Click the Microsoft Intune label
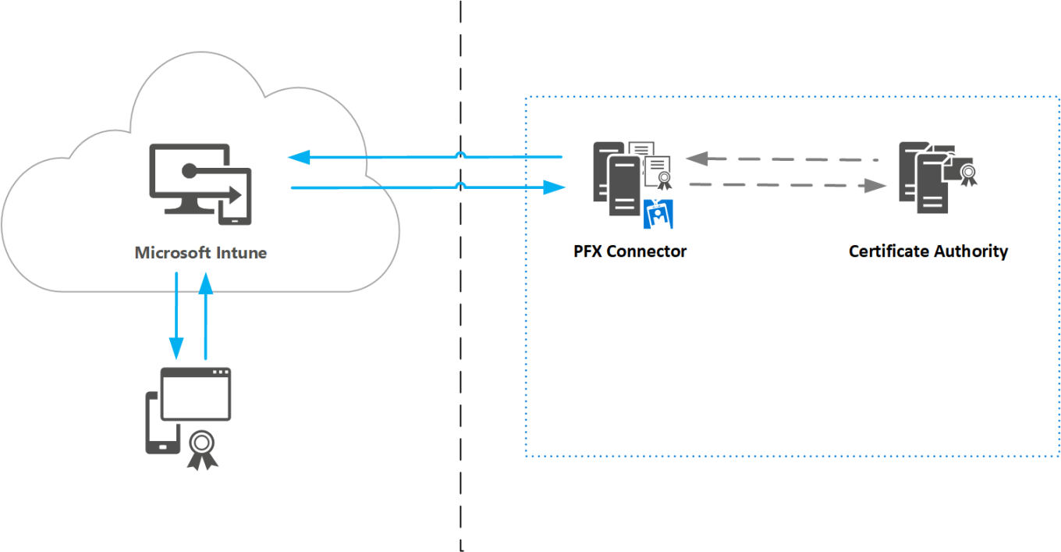point(200,253)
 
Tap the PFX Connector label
point(630,251)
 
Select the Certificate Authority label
point(928,251)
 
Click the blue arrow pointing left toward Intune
point(425,158)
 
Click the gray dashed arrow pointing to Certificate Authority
point(788,186)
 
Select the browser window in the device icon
point(196,393)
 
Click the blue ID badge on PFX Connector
point(658,213)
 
